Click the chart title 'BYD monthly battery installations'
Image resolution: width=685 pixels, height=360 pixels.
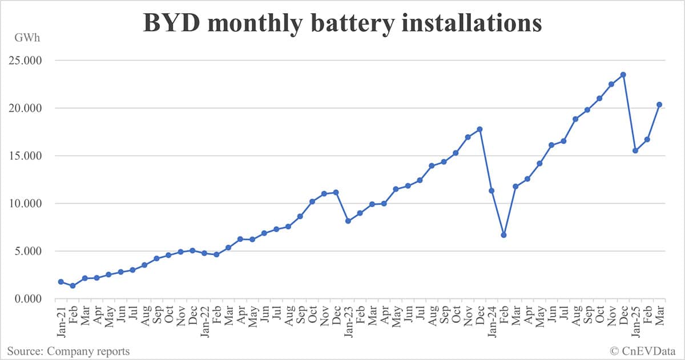pos(342,24)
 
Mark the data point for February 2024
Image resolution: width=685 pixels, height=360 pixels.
pos(503,235)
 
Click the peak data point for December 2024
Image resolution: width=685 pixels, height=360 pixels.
pos(623,75)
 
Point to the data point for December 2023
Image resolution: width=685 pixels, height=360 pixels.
pos(479,129)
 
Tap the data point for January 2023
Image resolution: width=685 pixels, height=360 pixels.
pos(348,221)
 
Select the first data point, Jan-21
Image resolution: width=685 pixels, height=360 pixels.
pos(61,282)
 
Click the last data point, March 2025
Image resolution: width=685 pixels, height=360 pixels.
pos(659,104)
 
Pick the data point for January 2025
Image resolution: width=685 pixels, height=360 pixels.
pos(635,151)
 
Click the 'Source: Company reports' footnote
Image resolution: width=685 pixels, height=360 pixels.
pos(68,351)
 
